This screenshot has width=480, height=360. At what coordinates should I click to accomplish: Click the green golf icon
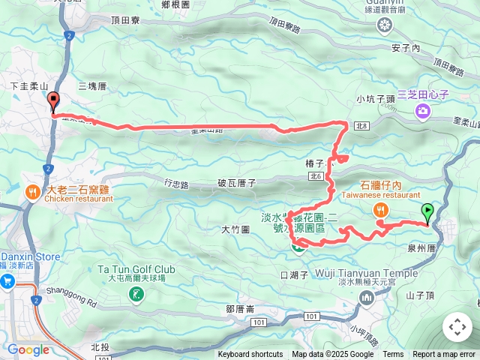[x=136, y=295]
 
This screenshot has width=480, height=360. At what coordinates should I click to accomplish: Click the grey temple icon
[x=367, y=298]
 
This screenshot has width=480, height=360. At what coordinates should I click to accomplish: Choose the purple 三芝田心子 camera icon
[x=422, y=112]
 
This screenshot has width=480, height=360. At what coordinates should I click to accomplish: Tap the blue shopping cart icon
[x=8, y=281]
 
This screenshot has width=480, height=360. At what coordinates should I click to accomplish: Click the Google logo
[x=28, y=349]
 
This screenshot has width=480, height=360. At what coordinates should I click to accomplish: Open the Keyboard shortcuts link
[x=250, y=355]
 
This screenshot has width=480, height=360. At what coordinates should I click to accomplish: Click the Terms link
[x=393, y=355]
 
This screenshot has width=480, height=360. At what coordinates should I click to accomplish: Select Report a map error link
[x=444, y=355]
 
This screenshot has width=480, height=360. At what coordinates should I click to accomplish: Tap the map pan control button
[x=457, y=327]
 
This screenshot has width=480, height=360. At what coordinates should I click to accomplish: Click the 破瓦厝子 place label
[x=237, y=182]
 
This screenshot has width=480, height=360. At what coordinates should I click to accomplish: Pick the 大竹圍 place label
[x=235, y=229]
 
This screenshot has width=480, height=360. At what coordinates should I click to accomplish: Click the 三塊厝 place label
[x=91, y=85]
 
